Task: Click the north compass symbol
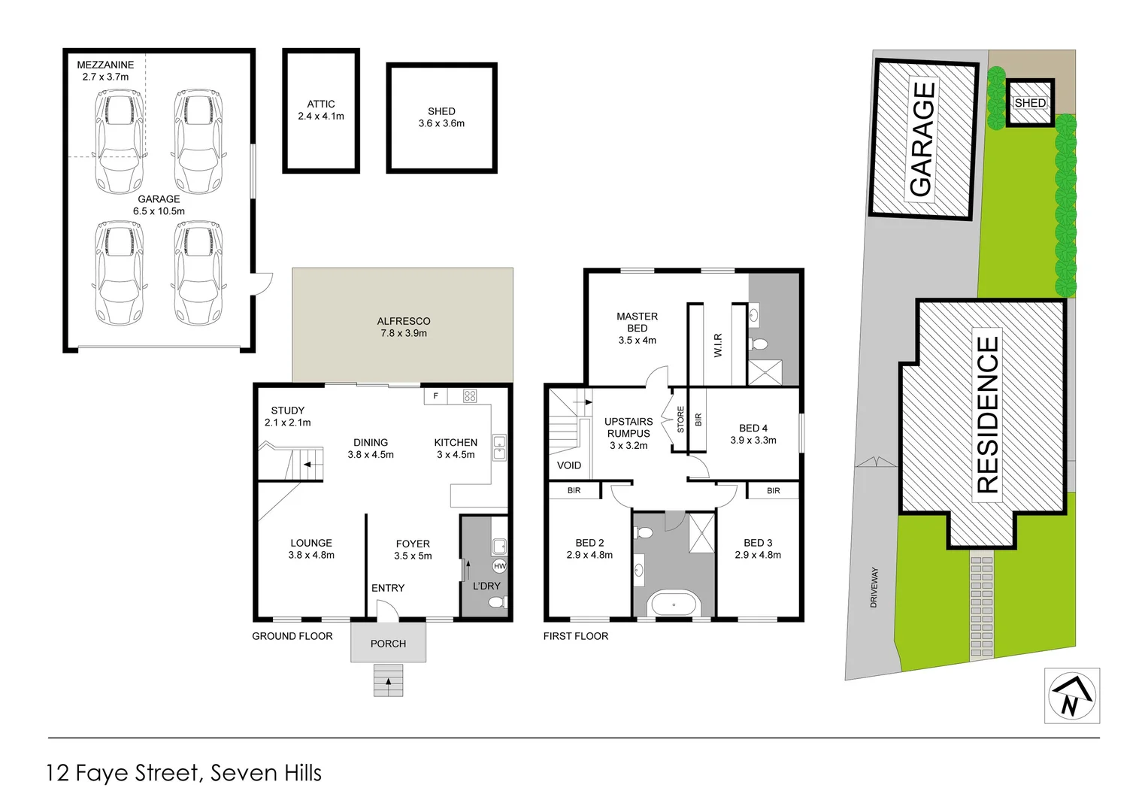[x=1071, y=695]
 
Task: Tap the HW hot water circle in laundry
[x=499, y=565]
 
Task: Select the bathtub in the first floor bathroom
[x=674, y=604]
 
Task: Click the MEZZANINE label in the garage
[x=105, y=65]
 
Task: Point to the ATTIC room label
[x=321, y=105]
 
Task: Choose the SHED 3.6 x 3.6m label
[x=441, y=117]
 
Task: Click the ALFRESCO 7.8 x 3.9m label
[x=404, y=327]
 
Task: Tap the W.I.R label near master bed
[x=718, y=345]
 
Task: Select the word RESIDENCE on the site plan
[x=987, y=414]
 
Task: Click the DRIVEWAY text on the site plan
[x=874, y=587]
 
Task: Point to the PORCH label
[x=388, y=644]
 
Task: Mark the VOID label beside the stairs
[x=569, y=465]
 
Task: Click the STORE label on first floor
[x=681, y=420]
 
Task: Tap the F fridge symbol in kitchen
[x=436, y=395]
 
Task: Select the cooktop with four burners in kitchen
[x=470, y=395]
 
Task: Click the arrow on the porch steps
[x=389, y=682]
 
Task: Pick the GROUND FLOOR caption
[x=292, y=636]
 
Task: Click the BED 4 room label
[x=753, y=429]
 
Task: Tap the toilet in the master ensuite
[x=759, y=344]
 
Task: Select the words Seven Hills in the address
[x=266, y=773]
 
